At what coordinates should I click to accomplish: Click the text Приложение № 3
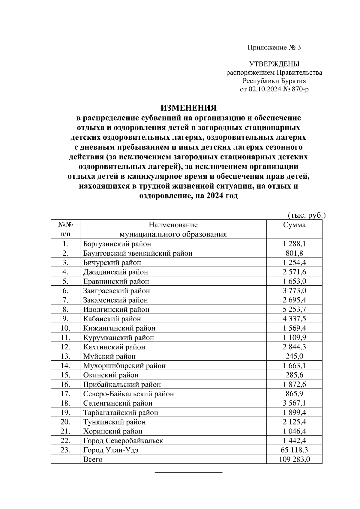pyautogui.click(x=274, y=48)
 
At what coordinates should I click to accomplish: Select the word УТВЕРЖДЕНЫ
pyautogui.click(x=274, y=64)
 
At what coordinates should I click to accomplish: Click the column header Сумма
pyautogui.click(x=294, y=225)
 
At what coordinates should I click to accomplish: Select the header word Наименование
pyautogui.click(x=173, y=225)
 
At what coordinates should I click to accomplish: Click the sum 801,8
pyautogui.click(x=294, y=253)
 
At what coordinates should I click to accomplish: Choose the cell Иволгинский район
pyautogui.click(x=116, y=309)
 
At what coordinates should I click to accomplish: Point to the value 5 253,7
pyautogui.click(x=294, y=309)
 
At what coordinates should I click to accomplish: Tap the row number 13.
pyautogui.click(x=65, y=356)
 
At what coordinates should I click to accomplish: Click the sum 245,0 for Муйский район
pyautogui.click(x=294, y=356)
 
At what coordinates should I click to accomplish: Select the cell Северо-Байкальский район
pyautogui.click(x=128, y=394)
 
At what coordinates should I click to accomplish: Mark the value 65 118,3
pyautogui.click(x=294, y=450)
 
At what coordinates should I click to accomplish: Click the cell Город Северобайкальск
pyautogui.click(x=123, y=441)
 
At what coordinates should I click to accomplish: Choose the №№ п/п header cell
pyautogui.click(x=65, y=229)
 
